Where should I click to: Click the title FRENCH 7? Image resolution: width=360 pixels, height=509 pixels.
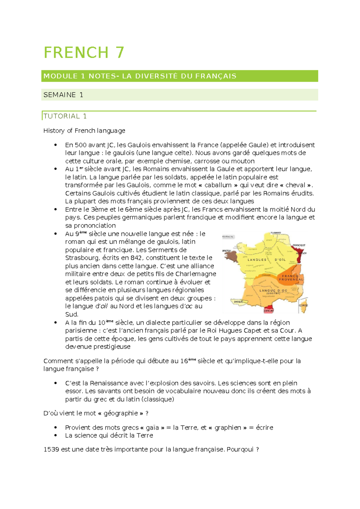click(84, 53)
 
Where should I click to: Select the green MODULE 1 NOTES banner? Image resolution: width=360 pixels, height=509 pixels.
click(179, 76)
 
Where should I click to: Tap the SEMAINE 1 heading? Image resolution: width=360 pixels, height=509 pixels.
click(63, 95)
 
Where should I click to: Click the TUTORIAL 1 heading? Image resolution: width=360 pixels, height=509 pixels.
click(65, 116)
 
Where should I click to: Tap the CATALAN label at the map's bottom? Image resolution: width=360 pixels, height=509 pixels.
click(268, 311)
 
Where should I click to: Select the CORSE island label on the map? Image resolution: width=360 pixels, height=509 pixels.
click(303, 305)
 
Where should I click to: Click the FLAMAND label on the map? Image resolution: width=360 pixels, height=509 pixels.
click(275, 233)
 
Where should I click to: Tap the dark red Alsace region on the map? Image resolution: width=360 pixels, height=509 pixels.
click(300, 255)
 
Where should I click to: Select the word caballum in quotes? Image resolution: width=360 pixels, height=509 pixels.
click(218, 185)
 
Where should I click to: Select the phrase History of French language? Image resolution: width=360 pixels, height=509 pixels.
click(84, 131)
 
